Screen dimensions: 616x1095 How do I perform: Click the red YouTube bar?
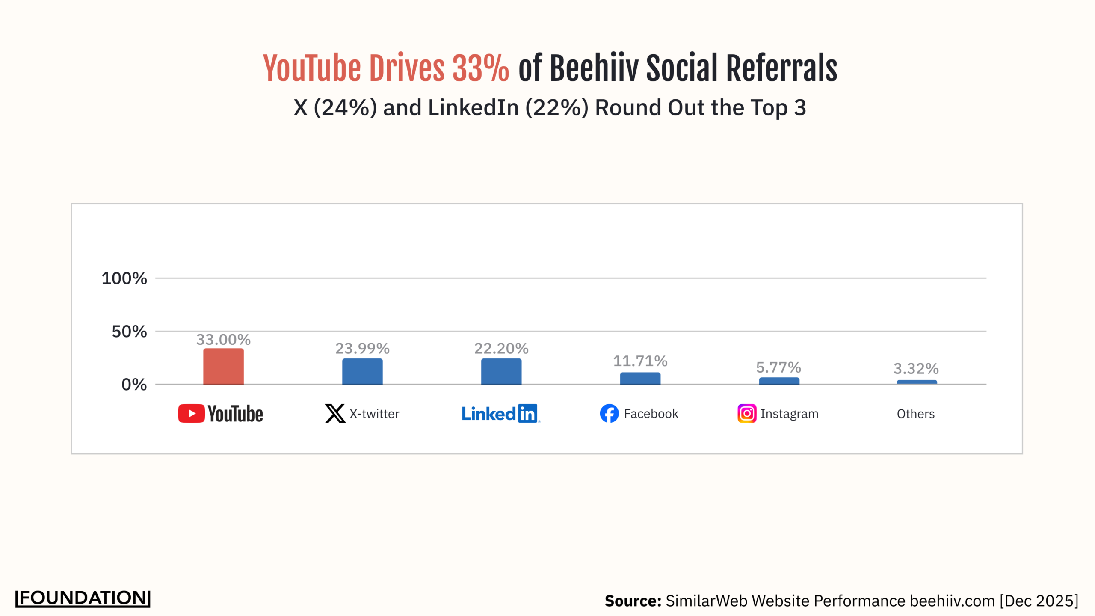pos(223,367)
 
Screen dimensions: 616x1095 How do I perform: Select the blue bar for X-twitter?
pos(362,372)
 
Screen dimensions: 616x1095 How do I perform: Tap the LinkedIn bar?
pos(501,372)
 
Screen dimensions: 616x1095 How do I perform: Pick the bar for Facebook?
pos(640,379)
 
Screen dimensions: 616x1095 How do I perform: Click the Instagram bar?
pos(779,381)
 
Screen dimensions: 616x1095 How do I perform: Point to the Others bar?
pos(917,382)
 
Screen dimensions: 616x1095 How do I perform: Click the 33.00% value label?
pos(223,340)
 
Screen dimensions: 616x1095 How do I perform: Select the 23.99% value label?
pos(362,349)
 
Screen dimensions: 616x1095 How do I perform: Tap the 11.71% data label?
pos(640,361)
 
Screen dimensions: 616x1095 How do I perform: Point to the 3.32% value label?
pos(916,369)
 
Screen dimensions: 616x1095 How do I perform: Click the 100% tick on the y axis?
pos(124,278)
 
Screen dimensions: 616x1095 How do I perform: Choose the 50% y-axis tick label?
pos(129,332)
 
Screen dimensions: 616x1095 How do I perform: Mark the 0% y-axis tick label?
pos(134,385)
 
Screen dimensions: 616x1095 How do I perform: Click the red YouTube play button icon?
pos(191,414)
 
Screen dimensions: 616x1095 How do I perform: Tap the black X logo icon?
pos(335,414)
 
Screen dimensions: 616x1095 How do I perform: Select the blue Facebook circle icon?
pos(609,414)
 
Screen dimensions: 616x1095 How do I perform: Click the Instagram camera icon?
pos(747,414)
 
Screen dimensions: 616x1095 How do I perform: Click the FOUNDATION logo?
pos(83,598)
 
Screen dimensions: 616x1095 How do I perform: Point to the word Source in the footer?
pos(633,601)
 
